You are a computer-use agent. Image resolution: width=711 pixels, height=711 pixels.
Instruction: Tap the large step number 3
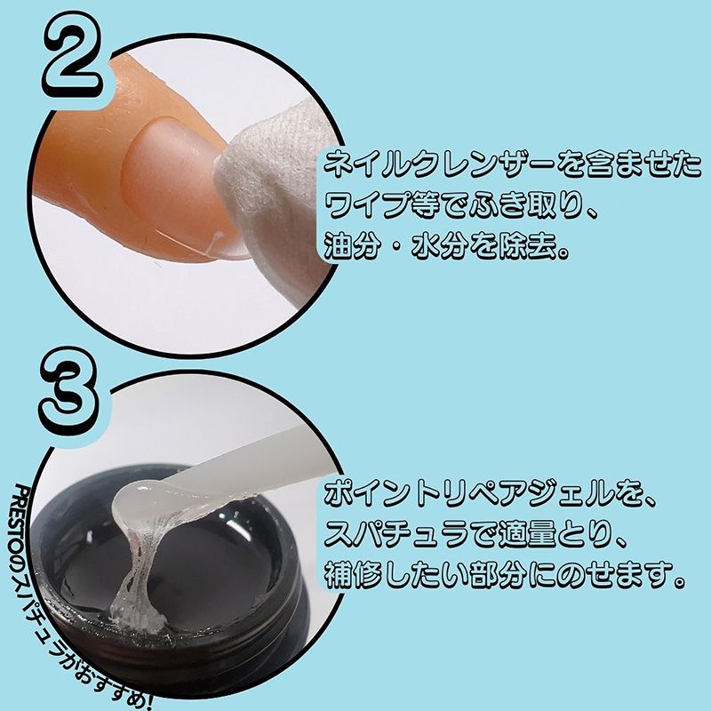tap(69, 392)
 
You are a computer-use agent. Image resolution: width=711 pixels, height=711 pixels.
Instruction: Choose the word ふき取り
tap(527, 205)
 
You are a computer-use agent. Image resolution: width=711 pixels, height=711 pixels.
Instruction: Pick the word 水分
tap(439, 247)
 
